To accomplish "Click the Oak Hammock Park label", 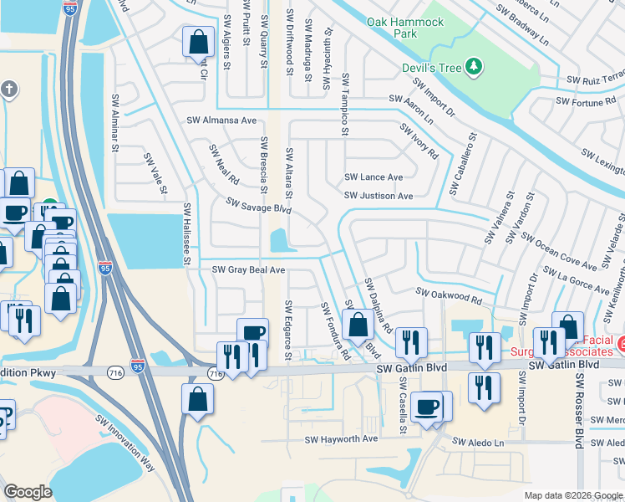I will coord(405,28).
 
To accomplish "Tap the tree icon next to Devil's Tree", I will coord(474,65).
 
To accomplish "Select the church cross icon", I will coord(8,88).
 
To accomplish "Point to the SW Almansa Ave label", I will coord(221,120).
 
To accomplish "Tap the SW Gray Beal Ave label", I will coord(248,270).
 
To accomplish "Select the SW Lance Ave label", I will coord(373,177).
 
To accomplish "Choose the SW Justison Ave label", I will coord(379,196).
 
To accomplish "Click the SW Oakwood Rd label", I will coord(450,295).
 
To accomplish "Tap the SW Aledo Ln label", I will coord(479,441).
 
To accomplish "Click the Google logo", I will coord(28,493).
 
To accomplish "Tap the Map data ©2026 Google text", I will coord(573,495).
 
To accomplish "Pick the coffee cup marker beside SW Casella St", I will coord(427,407).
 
